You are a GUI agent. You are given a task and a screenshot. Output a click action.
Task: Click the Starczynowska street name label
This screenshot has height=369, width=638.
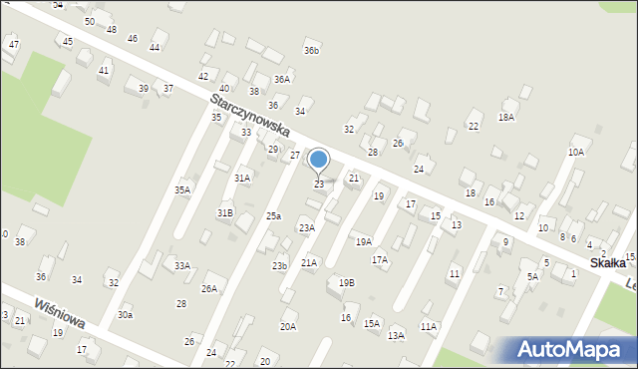249,117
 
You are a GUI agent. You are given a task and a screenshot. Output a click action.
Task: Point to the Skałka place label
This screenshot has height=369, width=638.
607,262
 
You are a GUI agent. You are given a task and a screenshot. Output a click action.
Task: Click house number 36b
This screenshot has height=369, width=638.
312,50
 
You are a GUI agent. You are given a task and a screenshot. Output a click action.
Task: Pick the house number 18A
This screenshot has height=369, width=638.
506,117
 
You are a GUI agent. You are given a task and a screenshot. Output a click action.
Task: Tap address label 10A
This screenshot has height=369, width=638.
576,152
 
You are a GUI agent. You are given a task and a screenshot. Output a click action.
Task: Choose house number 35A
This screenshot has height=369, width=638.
182,189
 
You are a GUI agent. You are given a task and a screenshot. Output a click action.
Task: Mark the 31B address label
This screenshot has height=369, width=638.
225,213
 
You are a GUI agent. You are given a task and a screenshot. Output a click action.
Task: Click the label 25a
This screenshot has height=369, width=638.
273,216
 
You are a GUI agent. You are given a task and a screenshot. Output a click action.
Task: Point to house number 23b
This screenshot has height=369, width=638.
279,265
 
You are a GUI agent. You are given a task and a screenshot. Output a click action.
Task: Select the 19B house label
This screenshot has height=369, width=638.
346,282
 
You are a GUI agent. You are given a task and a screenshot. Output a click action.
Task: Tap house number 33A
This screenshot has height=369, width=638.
182,266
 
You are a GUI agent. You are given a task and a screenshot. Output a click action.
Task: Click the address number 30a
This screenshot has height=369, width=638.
125,314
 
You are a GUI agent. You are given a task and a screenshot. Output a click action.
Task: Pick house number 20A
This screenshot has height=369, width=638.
288,326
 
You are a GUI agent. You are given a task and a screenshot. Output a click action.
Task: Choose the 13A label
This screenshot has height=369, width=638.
396,335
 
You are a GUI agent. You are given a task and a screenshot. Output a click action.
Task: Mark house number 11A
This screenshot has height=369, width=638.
428,326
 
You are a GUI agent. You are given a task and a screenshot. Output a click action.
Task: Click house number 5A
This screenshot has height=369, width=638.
532,276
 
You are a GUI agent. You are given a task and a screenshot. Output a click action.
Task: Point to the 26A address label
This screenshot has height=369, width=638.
209,288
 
